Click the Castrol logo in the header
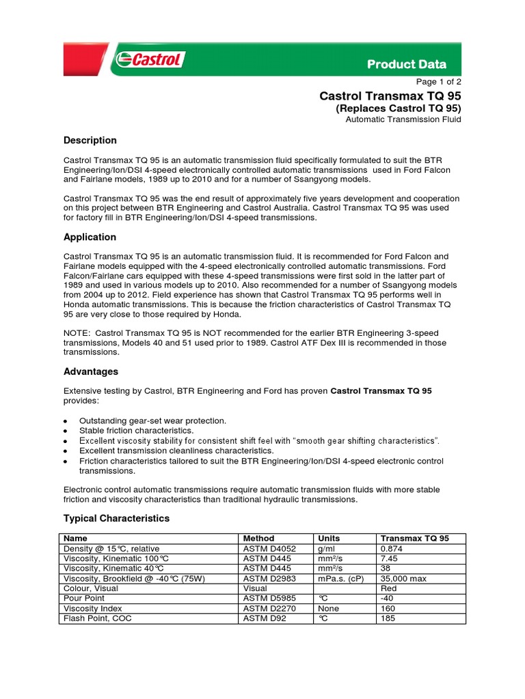tap(149, 60)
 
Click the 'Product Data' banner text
tap(407, 64)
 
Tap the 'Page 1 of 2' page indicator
tap(435, 81)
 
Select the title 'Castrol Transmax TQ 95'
tap(390, 96)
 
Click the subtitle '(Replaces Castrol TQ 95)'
tap(398, 108)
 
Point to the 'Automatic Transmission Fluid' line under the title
tap(403, 119)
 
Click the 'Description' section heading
tap(90, 140)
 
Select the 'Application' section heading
tap(90, 237)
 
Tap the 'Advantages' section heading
tap(90, 371)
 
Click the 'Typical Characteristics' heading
tap(116, 518)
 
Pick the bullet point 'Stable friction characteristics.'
tap(136, 431)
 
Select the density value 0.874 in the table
tap(392, 548)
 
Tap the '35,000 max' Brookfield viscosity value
tap(403, 578)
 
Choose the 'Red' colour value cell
tap(388, 588)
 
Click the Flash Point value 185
tap(387, 618)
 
